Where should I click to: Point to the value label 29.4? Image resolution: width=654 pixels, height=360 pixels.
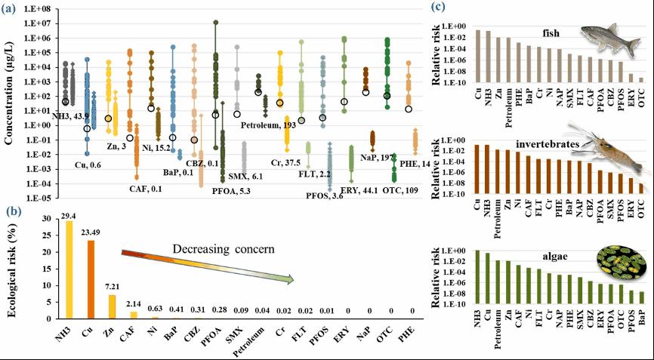click(x=69, y=216)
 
